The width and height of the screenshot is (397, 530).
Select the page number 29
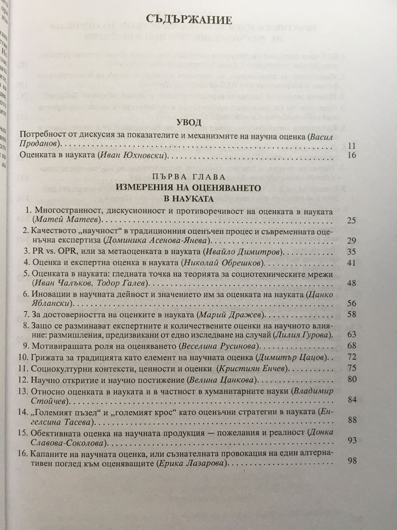pyautogui.click(x=351, y=240)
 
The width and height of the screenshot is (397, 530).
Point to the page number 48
pyautogui.click(x=351, y=283)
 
